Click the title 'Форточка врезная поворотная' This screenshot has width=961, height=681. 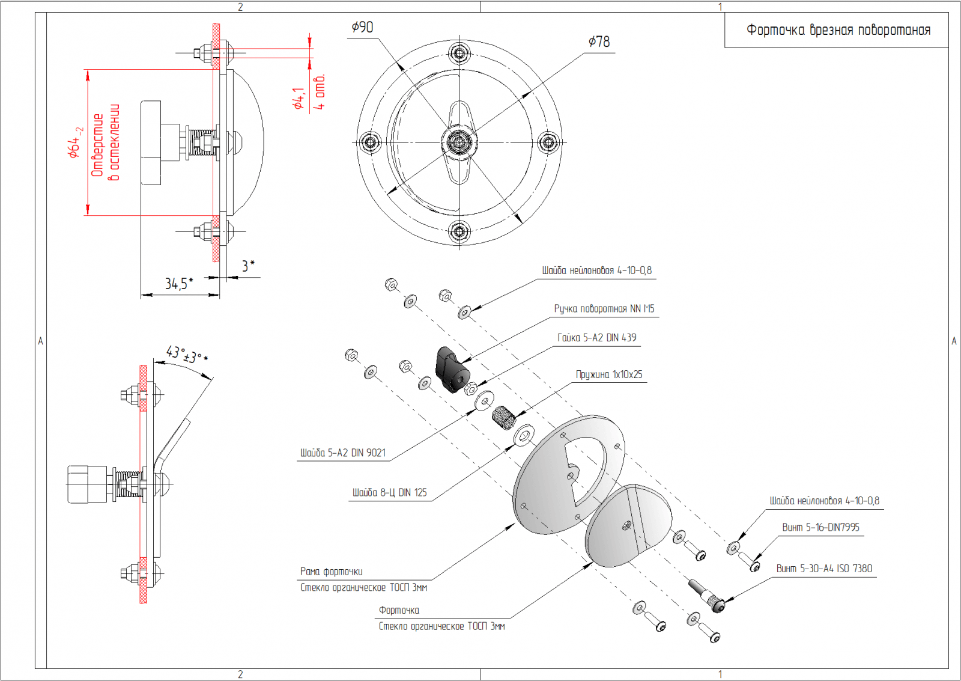tap(838, 30)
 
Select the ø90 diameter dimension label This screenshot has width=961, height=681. tap(362, 28)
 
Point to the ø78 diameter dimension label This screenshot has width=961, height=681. tap(599, 41)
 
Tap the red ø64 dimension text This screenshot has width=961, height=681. tap(74, 142)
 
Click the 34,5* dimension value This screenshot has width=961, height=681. tap(179, 283)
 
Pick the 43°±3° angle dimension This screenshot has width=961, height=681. tap(186, 354)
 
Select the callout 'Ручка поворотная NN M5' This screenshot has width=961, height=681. tap(604, 309)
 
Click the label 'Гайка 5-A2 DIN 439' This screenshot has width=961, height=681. tap(596, 338)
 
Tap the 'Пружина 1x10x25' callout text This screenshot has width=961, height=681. tap(609, 374)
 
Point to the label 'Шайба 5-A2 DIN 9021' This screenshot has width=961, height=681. tap(343, 453)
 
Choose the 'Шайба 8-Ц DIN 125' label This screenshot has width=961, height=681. tap(389, 493)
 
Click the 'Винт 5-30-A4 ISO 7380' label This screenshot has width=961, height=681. tap(824, 569)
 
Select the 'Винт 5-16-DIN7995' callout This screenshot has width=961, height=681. tap(820, 527)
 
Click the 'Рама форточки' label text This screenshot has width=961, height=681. tap(331, 572)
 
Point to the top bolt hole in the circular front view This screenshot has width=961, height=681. tap(459, 53)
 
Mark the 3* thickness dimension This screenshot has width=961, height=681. tap(248, 266)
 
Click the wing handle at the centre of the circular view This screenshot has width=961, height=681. tap(459, 142)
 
